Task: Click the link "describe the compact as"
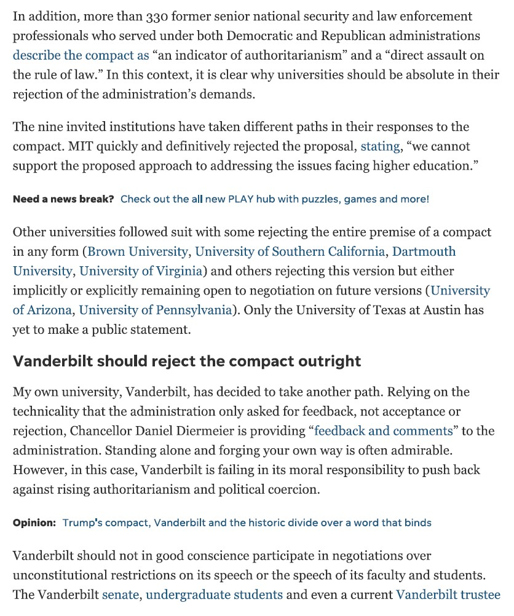(81, 55)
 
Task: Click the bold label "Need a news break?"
(63, 199)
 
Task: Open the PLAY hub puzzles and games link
(275, 199)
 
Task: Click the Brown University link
(138, 251)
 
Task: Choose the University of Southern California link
(290, 251)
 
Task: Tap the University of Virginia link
(141, 271)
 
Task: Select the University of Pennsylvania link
(156, 310)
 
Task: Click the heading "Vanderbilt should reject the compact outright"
(187, 361)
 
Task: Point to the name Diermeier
(235, 431)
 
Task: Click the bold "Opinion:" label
(34, 523)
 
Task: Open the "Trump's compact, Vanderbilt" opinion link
(247, 523)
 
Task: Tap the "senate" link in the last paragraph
(121, 595)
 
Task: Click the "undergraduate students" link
(215, 595)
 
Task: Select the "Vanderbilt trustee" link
(448, 595)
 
